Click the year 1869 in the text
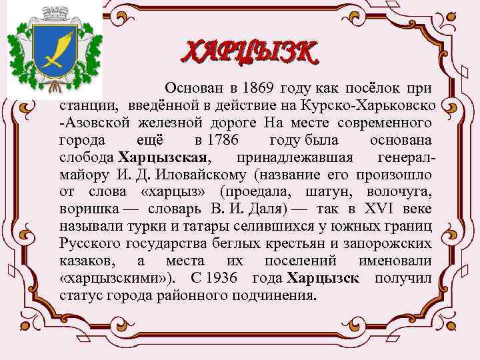259,88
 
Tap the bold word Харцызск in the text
321,277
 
